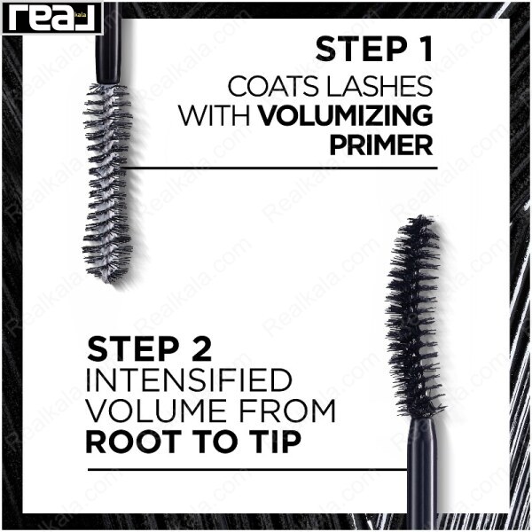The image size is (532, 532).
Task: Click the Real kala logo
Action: click(x=52, y=18)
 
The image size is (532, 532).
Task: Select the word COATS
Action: click(x=273, y=86)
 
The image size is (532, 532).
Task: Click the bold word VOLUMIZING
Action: click(x=346, y=115)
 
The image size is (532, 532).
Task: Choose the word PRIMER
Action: click(x=381, y=145)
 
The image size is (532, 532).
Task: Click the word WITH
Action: click(x=215, y=115)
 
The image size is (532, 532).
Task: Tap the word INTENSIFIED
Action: click(x=189, y=380)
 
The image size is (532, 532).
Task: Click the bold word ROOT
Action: click(x=134, y=442)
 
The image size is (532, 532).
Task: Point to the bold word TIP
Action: click(x=275, y=442)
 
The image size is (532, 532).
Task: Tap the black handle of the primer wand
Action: click(x=108, y=43)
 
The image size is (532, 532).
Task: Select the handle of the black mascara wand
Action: click(x=422, y=474)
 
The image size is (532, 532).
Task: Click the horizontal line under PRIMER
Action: click(x=280, y=168)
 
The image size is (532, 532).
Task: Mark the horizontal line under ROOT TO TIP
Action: click(x=247, y=470)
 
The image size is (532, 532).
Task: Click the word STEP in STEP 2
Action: click(x=132, y=348)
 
